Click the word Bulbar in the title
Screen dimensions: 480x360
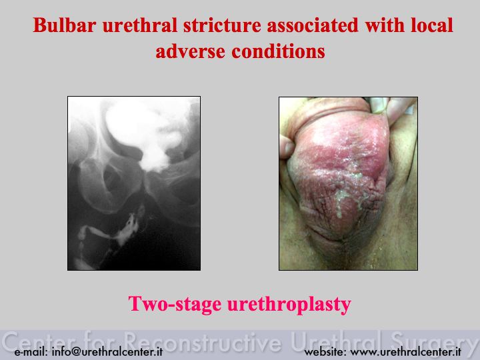tap(65, 25)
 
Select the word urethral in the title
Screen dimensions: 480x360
tap(140, 25)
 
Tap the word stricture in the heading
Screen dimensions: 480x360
tap(222, 25)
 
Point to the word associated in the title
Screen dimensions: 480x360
tap(313, 25)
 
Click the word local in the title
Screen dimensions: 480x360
tap(431, 25)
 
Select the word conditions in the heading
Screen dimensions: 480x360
tap(278, 51)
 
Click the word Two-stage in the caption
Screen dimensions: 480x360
tap(175, 304)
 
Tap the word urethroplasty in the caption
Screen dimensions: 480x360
tap(289, 305)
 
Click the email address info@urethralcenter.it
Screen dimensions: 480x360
tap(107, 352)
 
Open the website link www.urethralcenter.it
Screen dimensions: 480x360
tap(405, 352)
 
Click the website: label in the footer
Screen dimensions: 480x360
tap(325, 352)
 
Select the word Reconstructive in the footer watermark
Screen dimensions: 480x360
tap(203, 341)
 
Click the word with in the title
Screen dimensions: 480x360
tap(385, 25)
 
